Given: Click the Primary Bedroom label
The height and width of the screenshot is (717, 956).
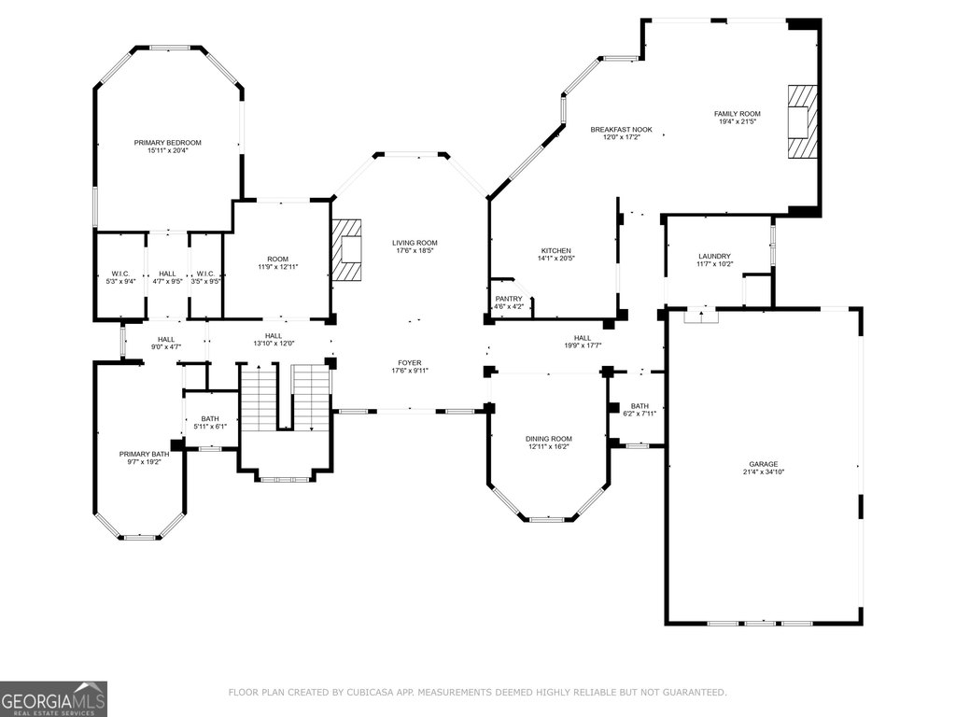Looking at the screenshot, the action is tap(168, 143).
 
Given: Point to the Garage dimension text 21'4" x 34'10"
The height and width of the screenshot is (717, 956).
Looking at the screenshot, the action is tap(764, 471).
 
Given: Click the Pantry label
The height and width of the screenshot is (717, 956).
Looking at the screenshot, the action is tap(509, 299).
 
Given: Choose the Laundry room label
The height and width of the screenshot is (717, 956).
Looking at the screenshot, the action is tap(714, 257).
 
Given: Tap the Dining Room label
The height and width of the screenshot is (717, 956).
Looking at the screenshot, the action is tap(549, 439).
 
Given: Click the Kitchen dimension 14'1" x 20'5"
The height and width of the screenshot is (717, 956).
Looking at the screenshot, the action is tap(556, 259).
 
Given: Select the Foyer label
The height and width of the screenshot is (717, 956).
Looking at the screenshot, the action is tap(410, 363).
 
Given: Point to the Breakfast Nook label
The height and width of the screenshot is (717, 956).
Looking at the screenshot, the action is tap(621, 129).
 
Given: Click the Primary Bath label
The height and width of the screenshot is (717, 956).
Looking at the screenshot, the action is tap(144, 455).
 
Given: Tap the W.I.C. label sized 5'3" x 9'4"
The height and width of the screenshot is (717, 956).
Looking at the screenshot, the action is tap(120, 274).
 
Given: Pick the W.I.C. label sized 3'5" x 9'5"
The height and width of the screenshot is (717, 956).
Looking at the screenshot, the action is tap(205, 274).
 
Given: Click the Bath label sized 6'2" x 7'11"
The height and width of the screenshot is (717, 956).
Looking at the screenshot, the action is tap(640, 406).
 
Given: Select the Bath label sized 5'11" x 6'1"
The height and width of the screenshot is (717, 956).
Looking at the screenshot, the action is tap(210, 419).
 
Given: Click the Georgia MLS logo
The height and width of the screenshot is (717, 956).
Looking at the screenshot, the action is tap(53, 698).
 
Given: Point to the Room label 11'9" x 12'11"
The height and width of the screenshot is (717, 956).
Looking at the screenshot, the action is tap(278, 260).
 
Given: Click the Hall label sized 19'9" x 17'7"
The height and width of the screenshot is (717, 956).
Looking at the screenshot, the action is tap(583, 338).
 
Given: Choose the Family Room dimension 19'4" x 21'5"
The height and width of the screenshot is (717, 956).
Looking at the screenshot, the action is tap(738, 121).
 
